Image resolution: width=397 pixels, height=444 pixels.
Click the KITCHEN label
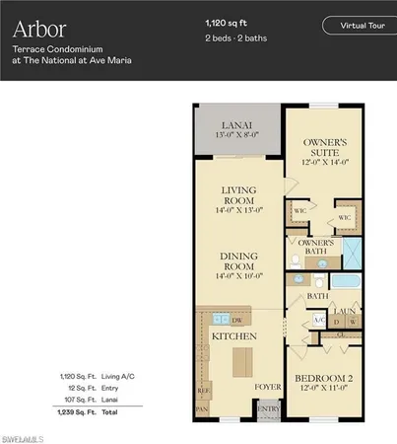(233, 336)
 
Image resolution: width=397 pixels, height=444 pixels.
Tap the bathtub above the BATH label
(346, 283)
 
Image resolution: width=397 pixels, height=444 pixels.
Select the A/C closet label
(318, 321)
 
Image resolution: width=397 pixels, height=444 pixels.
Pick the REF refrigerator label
(204, 389)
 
